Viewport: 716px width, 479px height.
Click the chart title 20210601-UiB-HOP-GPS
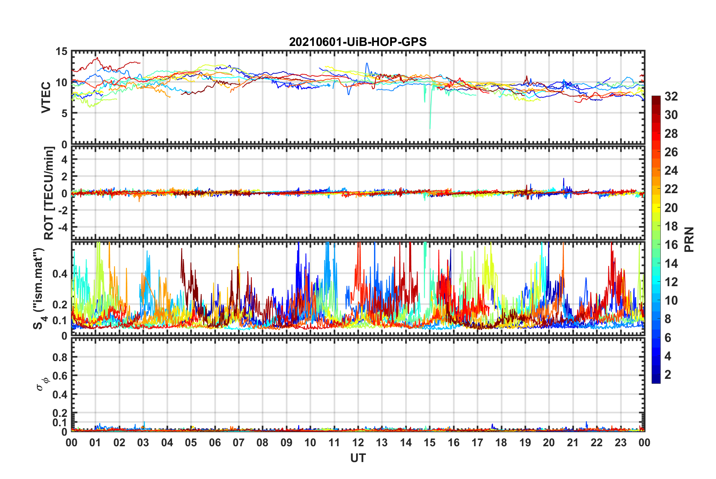[x=358, y=42]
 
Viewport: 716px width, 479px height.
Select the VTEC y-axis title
[x=46, y=98]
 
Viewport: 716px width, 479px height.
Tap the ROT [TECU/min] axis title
[x=49, y=193]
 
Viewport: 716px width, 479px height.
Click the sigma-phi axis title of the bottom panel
[x=41, y=384]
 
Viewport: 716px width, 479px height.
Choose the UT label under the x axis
[x=358, y=458]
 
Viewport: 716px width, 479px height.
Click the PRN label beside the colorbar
[x=689, y=239]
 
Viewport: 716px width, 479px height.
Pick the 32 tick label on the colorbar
[x=671, y=96]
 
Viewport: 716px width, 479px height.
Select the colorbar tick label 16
[x=671, y=245]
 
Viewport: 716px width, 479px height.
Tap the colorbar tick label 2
[x=668, y=375]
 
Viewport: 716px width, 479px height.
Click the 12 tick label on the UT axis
[x=358, y=442]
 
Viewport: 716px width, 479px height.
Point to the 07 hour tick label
[x=239, y=442]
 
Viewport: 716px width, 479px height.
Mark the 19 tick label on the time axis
[x=525, y=442]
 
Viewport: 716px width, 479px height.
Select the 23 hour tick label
[x=621, y=442]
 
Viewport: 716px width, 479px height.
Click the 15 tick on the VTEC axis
[x=61, y=52]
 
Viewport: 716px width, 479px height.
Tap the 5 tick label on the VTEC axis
[x=64, y=113]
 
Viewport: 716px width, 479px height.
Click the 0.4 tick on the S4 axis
[x=60, y=274]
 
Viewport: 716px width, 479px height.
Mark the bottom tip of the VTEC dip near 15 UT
[x=430, y=128]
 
